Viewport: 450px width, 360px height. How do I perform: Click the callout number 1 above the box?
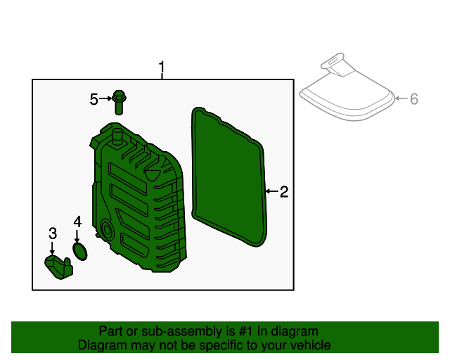162,69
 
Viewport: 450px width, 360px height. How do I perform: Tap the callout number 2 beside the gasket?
283,191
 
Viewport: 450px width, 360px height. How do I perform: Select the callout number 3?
52,233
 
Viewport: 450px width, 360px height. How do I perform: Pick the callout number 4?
77,222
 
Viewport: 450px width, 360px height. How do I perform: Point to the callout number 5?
94,99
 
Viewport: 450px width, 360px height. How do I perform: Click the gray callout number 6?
414,99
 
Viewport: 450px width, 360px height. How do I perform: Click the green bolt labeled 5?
119,103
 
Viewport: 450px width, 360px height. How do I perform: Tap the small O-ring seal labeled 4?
81,252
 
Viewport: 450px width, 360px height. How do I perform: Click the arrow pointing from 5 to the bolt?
105,99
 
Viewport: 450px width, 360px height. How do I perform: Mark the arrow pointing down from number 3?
52,247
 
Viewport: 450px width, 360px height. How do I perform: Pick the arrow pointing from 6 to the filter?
401,99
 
